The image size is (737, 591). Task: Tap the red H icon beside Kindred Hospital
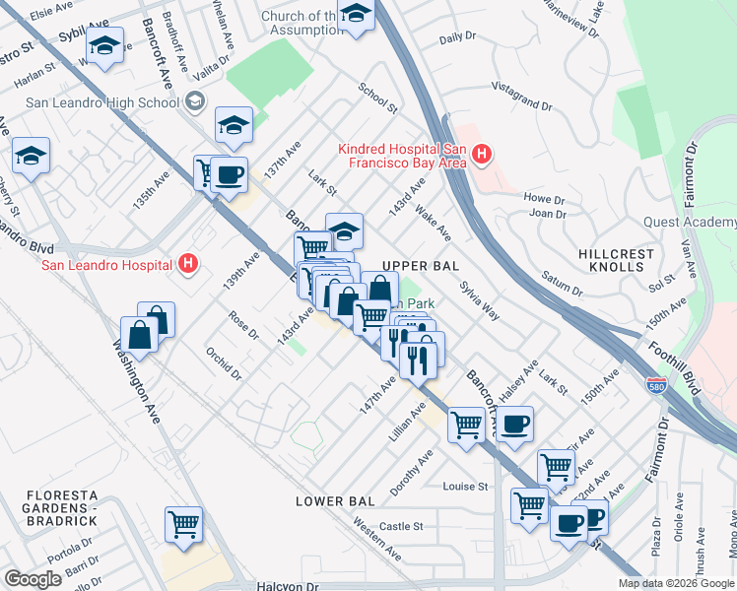[x=481, y=154]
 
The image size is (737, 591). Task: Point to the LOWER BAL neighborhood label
[x=335, y=501]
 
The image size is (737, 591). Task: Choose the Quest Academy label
[x=689, y=222]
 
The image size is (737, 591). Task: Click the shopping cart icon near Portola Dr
[x=183, y=522]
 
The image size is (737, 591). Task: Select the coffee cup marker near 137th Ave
[x=229, y=174]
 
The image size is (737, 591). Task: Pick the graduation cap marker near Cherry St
[x=32, y=156]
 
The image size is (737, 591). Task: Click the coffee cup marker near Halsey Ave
[x=513, y=424]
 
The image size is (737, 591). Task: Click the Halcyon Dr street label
[x=289, y=585]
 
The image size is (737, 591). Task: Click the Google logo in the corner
[x=33, y=579]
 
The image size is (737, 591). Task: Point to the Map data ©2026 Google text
[x=675, y=583]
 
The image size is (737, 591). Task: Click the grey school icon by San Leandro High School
[x=195, y=100]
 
